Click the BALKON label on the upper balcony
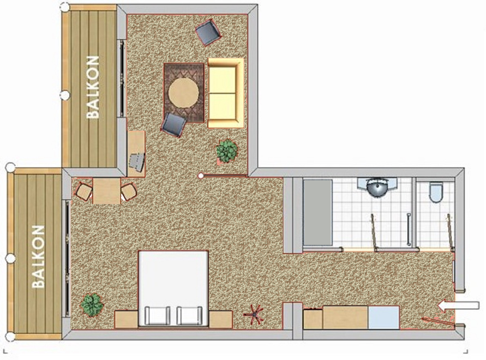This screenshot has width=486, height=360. click(x=93, y=87)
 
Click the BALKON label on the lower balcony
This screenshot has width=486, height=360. click(x=39, y=257)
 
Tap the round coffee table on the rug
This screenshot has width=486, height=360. click(x=183, y=93)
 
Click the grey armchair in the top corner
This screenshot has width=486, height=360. click(x=208, y=32)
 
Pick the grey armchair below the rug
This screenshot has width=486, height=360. click(x=174, y=125)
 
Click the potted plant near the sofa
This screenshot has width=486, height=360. click(x=227, y=151)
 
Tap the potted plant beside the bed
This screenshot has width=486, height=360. click(x=92, y=305)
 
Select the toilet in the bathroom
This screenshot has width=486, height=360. click(x=436, y=192)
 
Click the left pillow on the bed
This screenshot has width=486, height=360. click(x=158, y=315)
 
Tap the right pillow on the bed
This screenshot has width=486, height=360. click(x=189, y=315)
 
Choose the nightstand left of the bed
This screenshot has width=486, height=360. click(x=126, y=319)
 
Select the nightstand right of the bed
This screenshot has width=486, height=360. click(x=221, y=319)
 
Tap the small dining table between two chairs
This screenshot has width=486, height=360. click(x=106, y=191)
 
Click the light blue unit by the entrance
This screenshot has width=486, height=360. click(x=383, y=317)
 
